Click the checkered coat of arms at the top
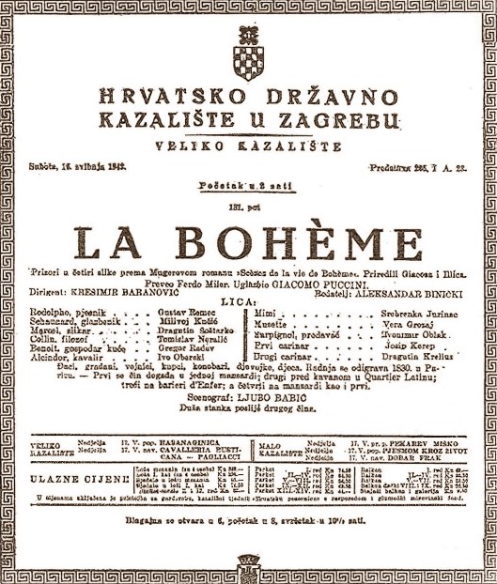(x=248, y=57)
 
